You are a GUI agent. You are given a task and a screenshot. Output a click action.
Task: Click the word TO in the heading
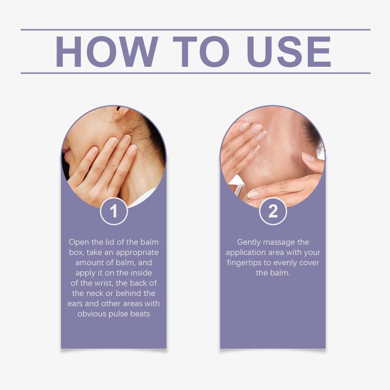pos(201,52)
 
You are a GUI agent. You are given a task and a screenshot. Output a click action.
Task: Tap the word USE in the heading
pos(289,52)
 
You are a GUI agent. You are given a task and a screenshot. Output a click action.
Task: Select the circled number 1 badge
pos(114,211)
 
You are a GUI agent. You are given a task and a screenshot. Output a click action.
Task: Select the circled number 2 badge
pos(273,211)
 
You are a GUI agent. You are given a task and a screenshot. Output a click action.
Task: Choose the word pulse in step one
pos(118,314)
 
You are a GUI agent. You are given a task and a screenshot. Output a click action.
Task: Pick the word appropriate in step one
pos(137,253)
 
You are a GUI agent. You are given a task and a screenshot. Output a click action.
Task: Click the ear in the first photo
pos(121,112)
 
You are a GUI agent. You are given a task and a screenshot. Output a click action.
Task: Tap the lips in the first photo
pos(66,151)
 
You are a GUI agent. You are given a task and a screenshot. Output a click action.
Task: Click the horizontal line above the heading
pos(195,30)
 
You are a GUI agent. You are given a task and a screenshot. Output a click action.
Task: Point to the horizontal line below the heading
pos(195,73)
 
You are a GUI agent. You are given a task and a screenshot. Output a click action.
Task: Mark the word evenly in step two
pos(286,263)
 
